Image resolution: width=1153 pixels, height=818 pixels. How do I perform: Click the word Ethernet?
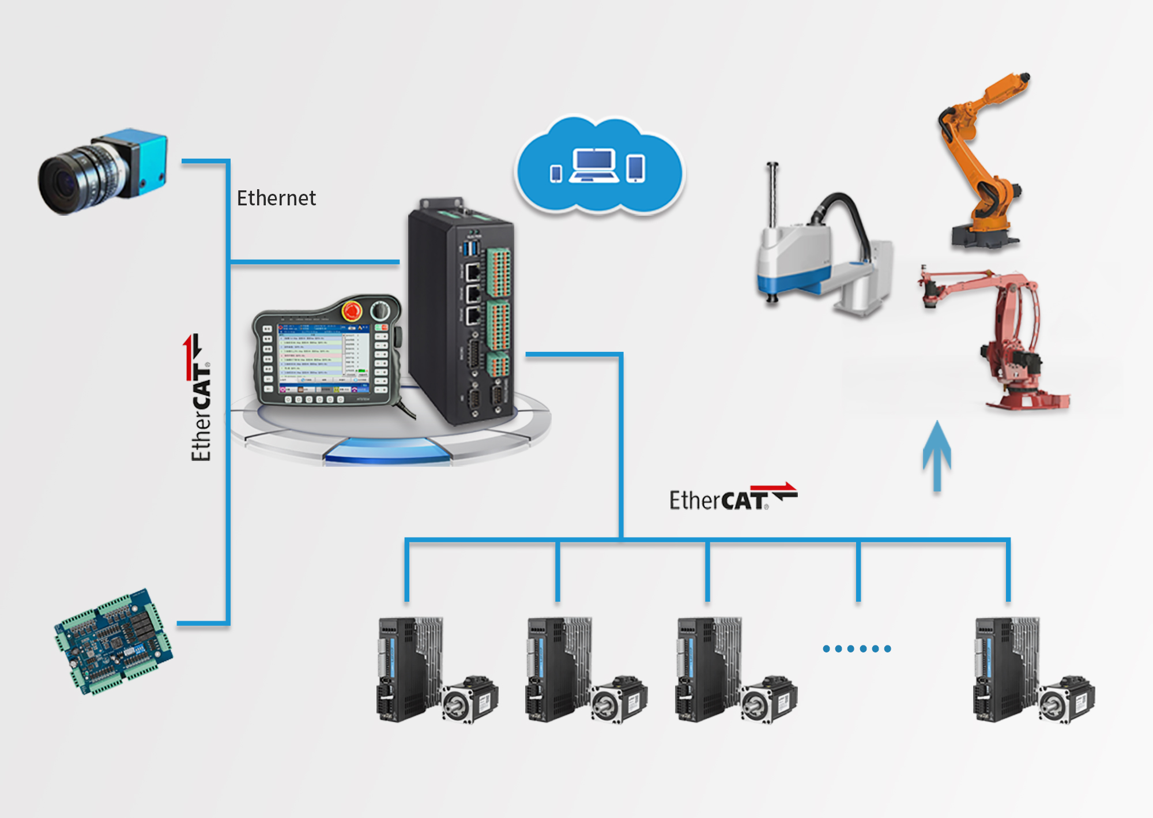click(x=276, y=198)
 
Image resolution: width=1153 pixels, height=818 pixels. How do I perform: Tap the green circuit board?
click(x=114, y=641)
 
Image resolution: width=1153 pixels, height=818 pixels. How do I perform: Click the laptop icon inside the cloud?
click(x=593, y=166)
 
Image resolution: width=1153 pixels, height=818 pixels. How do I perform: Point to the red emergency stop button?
click(x=351, y=311)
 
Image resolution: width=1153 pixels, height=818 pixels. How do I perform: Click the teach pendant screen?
click(x=322, y=357)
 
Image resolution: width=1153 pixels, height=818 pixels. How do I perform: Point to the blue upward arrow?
click(x=937, y=456)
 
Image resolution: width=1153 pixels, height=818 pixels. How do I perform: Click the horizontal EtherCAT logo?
click(x=732, y=498)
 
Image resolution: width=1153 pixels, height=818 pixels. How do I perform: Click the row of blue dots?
click(x=857, y=648)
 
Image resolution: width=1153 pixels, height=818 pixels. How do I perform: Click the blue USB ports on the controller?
click(x=472, y=249)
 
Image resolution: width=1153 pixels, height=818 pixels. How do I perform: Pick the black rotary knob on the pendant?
click(x=379, y=310)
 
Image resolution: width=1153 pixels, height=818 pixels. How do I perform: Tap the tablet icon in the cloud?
click(x=635, y=168)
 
